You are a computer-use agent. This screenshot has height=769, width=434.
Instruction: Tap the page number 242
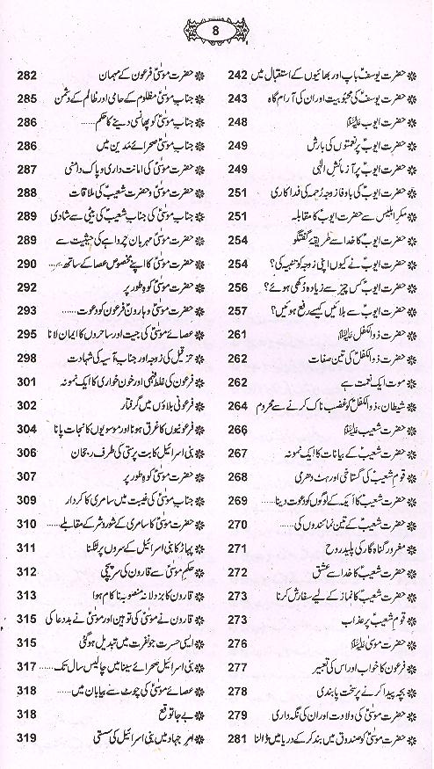[x=237, y=74]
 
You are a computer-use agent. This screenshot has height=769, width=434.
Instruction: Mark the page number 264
[x=237, y=405]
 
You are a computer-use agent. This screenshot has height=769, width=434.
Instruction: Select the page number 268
[x=237, y=476]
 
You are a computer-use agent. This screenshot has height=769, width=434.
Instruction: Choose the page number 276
[x=237, y=642]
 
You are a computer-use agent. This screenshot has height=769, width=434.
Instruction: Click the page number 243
[x=237, y=98]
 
